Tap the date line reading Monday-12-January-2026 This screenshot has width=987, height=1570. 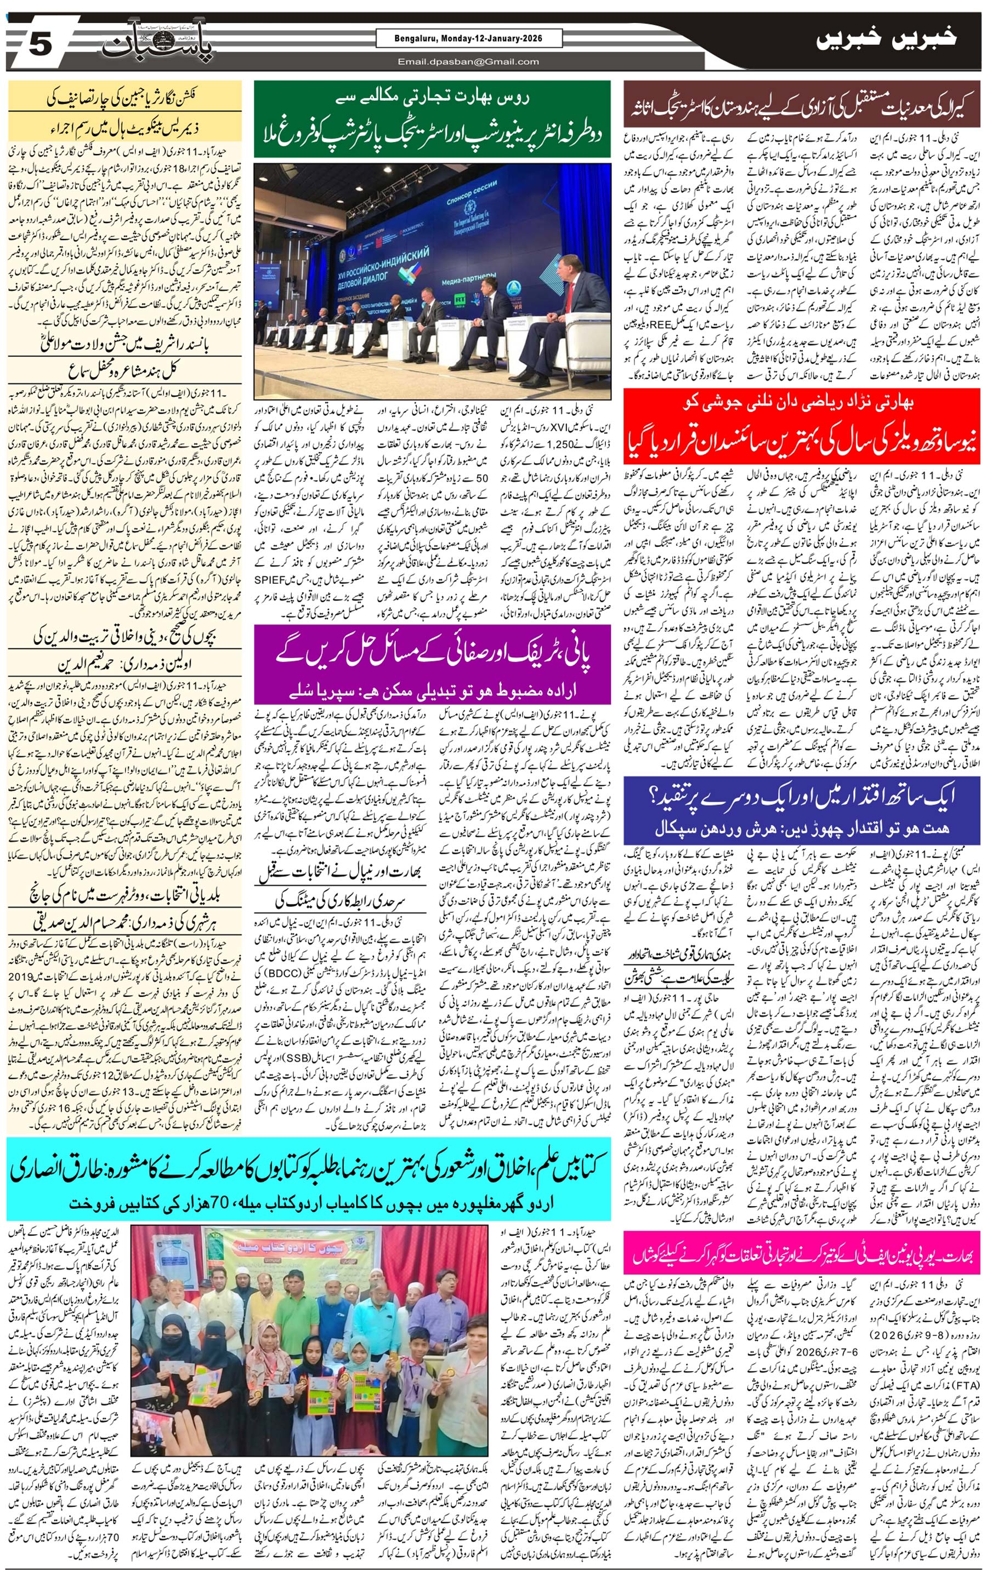468,39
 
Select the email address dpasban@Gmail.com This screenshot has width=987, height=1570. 468,62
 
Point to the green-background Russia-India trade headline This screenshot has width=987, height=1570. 432,119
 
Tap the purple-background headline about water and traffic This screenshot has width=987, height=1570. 432,663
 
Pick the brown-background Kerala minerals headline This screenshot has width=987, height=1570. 801,104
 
